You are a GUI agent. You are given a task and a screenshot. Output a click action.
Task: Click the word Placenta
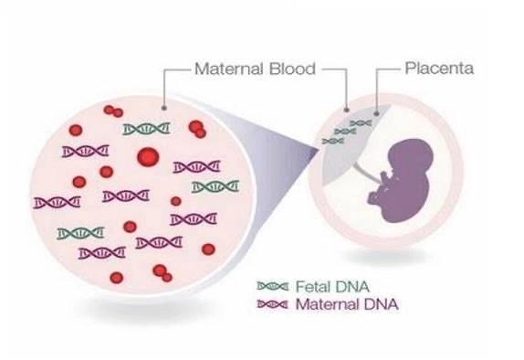[440, 69]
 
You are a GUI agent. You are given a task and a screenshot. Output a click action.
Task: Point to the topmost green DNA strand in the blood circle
[146, 129]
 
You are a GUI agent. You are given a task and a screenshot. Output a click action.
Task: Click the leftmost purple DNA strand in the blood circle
[54, 201]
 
